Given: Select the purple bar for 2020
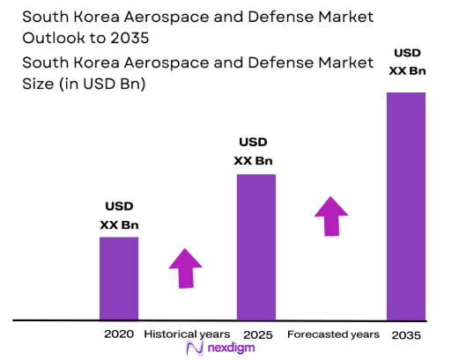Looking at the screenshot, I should click(x=119, y=278).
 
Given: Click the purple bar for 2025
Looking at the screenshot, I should click(x=256, y=246).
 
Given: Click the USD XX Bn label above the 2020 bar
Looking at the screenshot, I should click(x=119, y=216).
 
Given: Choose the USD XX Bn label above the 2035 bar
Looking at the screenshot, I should click(x=406, y=62).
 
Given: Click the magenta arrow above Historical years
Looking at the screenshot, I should click(x=186, y=268).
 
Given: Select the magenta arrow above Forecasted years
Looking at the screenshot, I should click(x=331, y=216).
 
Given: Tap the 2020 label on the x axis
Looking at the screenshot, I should click(x=119, y=334).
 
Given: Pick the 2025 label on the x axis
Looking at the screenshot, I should click(x=256, y=335).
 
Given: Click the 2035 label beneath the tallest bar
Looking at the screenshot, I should click(x=406, y=335).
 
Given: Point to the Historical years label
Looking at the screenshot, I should click(x=187, y=334).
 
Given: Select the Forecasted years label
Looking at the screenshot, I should click(x=333, y=334).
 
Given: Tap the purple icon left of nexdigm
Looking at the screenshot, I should click(x=197, y=349).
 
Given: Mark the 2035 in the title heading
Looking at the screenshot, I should click(x=122, y=40).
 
